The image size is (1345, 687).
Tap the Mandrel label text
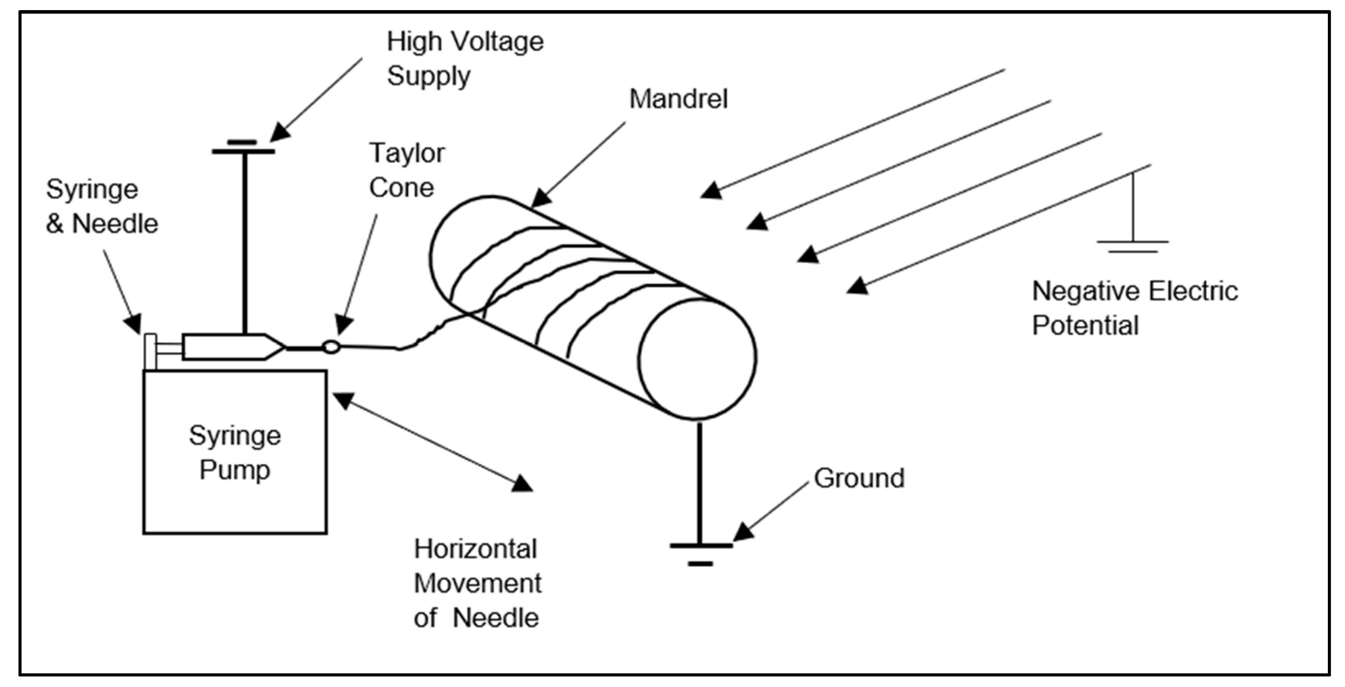tap(678, 99)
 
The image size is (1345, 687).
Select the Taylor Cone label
tap(406, 170)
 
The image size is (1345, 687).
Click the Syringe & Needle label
tap(102, 206)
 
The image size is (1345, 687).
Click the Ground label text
tap(859, 478)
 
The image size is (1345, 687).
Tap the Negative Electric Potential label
tap(1134, 308)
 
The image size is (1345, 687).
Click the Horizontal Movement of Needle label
tap(477, 584)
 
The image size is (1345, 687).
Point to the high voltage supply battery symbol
tap(243, 147)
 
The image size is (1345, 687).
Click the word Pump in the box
tap(235, 469)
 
